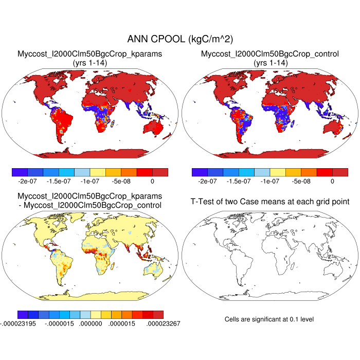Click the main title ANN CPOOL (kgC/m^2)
coord(179,39)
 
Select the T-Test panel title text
coord(270,201)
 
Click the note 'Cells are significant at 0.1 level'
coord(269,319)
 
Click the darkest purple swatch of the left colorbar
coord(19,172)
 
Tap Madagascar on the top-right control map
coord(295,123)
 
